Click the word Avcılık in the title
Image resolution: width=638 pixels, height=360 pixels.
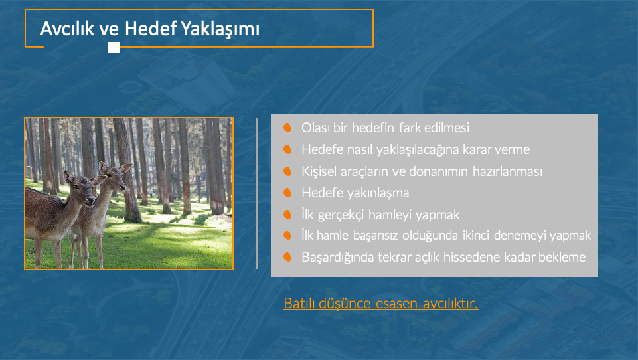(67, 29)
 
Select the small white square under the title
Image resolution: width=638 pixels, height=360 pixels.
(114, 48)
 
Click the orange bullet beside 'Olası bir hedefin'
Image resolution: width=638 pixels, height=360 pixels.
(287, 128)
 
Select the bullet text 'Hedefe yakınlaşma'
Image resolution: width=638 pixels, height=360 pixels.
(355, 193)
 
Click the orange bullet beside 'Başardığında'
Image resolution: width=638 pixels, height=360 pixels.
(287, 257)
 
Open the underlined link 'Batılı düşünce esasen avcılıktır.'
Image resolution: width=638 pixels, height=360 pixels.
(381, 304)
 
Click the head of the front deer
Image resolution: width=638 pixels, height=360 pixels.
(84, 189)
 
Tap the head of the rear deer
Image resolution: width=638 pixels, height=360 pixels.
(115, 175)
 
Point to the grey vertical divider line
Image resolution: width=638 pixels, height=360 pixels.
(257, 193)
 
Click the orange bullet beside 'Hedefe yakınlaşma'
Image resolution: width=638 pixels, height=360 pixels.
(287, 193)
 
